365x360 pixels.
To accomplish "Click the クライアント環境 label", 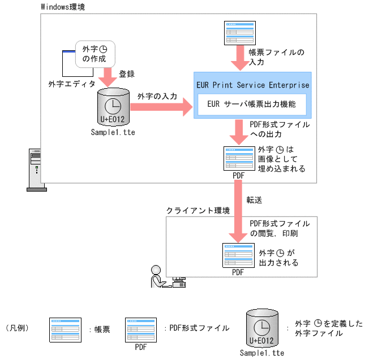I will (x=198, y=210).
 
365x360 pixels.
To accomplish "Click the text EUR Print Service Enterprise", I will (x=252, y=85).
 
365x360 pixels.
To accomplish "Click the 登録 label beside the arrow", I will (x=126, y=74).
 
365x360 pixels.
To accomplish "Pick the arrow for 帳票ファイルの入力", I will (x=238, y=59).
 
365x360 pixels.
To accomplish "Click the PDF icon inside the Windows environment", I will (x=238, y=159).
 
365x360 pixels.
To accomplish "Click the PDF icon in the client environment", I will (x=238, y=255).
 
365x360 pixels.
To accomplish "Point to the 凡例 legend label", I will (x=20, y=328).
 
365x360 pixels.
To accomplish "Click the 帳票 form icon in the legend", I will (x=64, y=328).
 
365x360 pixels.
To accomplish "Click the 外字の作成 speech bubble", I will (x=92, y=53).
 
